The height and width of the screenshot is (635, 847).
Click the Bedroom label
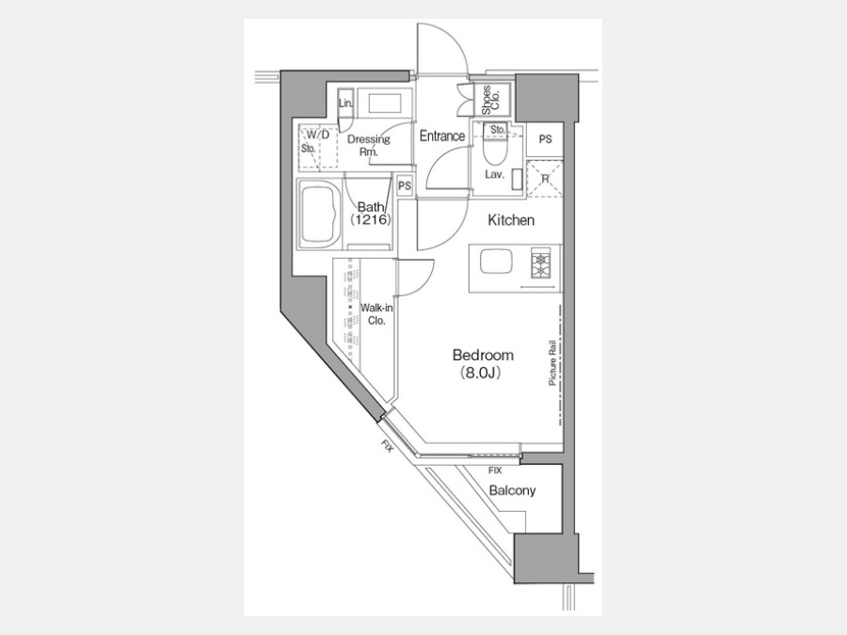tap(483, 356)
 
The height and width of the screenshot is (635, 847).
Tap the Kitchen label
tap(511, 220)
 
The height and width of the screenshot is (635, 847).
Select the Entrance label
tap(442, 136)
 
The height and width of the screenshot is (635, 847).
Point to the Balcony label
tap(512, 491)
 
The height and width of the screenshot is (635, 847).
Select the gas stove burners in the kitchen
tap(541, 263)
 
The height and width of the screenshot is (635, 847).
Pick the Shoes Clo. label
tap(491, 101)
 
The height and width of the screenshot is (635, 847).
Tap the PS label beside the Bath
tap(405, 186)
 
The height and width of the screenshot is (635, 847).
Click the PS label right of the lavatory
tap(546, 139)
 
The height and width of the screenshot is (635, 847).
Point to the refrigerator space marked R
tap(545, 179)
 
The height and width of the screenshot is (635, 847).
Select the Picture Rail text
tap(552, 362)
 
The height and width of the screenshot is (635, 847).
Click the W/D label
tap(318, 135)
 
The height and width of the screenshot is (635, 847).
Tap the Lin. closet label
tap(345, 103)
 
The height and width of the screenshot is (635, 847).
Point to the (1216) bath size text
tap(370, 220)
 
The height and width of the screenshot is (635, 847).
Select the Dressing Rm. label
tap(368, 145)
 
